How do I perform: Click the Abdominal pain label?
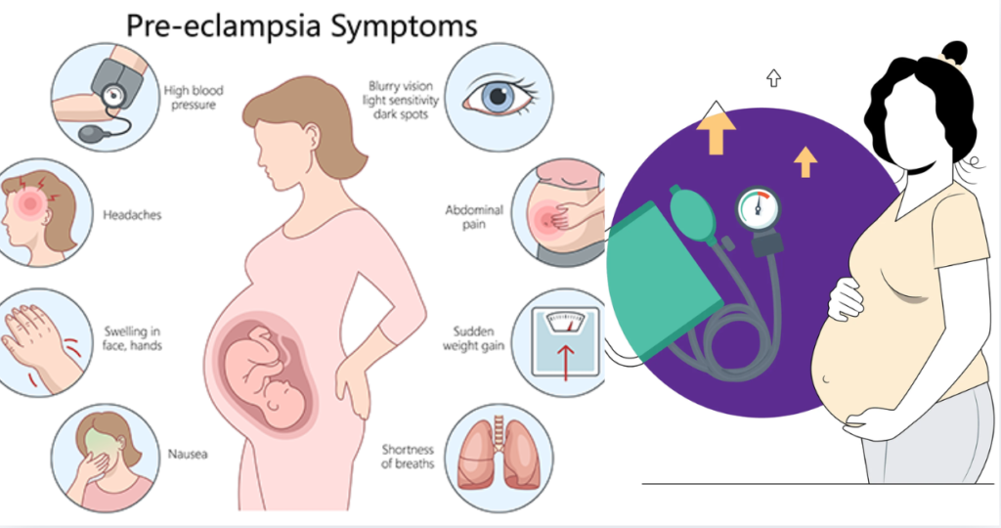[x=475, y=216]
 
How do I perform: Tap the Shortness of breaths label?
[x=409, y=456]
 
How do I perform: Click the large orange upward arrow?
[x=718, y=133]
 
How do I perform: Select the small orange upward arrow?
[x=805, y=160]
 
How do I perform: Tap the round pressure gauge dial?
[x=758, y=210]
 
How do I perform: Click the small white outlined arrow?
[x=774, y=77]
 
